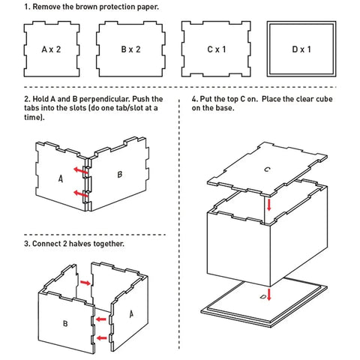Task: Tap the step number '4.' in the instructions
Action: click(195, 99)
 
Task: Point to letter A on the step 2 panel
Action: click(60, 179)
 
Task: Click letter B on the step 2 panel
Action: click(119, 175)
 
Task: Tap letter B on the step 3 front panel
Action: click(66, 324)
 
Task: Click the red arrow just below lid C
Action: click(269, 204)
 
